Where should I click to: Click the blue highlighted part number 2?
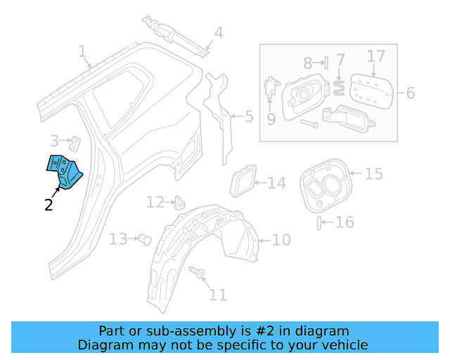click(x=64, y=172)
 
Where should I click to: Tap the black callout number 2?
click(x=48, y=205)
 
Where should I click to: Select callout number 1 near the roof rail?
click(x=83, y=51)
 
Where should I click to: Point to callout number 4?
click(x=219, y=32)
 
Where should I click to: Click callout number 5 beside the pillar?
click(x=248, y=116)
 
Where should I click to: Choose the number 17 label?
click(x=376, y=56)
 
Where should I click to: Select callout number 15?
click(x=374, y=172)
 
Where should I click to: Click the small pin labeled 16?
click(x=320, y=223)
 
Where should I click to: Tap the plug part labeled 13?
click(x=146, y=238)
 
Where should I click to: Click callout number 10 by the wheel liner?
click(x=281, y=240)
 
